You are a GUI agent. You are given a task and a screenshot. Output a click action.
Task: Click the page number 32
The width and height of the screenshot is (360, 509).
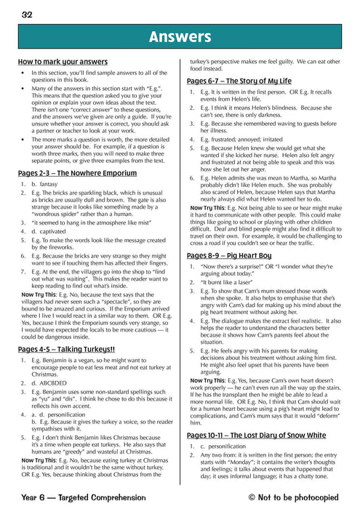tap(27, 14)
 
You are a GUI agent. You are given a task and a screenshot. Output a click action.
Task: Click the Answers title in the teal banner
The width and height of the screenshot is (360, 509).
tap(179, 36)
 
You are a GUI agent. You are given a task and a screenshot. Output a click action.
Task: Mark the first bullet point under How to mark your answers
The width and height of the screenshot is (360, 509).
tap(25, 74)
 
